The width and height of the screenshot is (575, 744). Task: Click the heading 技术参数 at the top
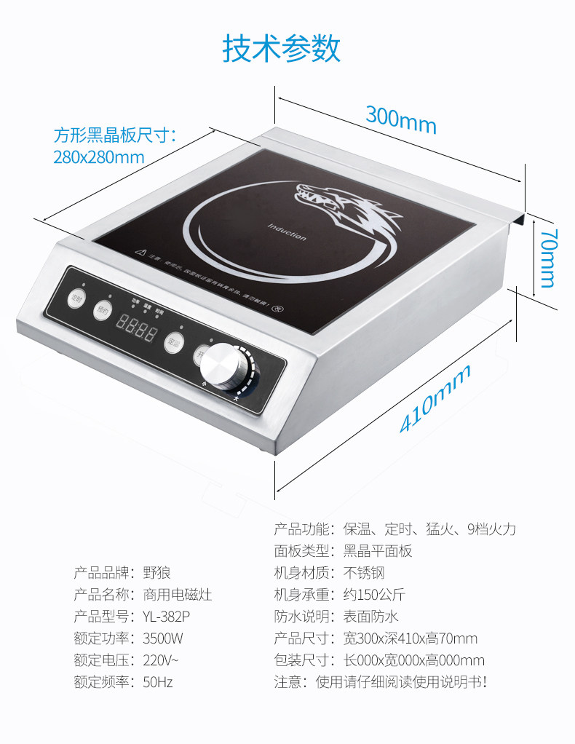click(281, 49)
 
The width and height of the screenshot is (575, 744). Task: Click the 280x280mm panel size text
click(98, 157)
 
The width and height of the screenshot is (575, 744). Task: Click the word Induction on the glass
click(287, 231)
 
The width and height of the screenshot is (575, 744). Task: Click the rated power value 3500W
click(163, 638)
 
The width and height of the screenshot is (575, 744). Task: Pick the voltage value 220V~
click(161, 660)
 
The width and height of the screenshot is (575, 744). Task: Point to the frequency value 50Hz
click(158, 682)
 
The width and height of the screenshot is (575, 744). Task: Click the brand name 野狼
click(156, 573)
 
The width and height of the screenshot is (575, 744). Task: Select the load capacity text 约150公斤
click(374, 595)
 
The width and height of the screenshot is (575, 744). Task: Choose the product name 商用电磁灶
click(178, 595)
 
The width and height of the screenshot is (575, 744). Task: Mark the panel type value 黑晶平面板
click(377, 551)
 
